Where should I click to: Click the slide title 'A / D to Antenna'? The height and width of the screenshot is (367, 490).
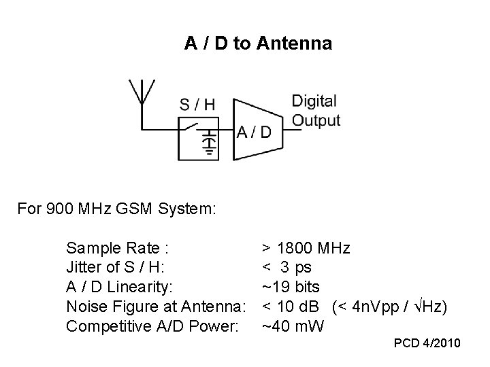pos(258,44)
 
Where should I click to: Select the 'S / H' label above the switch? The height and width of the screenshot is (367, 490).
pos(197,105)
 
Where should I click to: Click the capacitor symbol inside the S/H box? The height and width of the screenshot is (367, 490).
pos(211,143)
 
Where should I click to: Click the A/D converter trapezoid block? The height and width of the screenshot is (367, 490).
pos(255,130)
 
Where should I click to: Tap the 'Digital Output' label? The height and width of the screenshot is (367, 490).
pos(316,111)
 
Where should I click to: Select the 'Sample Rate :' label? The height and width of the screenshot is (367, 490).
pos(118,247)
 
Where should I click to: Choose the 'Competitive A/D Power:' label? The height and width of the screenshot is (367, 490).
pos(152,327)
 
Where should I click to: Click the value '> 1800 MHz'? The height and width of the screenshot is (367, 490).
pos(306,247)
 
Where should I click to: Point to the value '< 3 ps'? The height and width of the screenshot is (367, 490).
pos(287,267)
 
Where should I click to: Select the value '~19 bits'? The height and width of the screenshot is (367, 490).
pos(291,287)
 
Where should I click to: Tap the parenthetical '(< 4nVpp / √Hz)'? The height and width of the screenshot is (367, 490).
pos(390,307)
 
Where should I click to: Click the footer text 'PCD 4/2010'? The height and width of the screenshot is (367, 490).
pos(427,344)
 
